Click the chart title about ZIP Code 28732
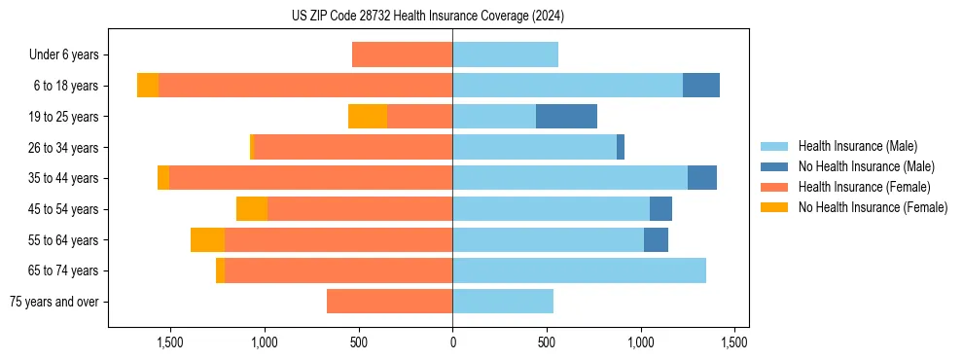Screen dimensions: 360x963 coord(428,16)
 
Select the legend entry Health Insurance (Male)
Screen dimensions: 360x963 coord(857,146)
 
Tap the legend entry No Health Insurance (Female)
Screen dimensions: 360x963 coord(873,207)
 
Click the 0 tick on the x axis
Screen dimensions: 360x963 coord(452,342)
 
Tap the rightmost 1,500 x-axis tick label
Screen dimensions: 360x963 coord(734,342)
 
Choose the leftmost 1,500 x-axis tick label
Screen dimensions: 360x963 coord(170,342)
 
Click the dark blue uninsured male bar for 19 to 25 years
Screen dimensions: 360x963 coord(566,117)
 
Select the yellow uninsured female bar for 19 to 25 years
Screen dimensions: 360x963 coord(368,117)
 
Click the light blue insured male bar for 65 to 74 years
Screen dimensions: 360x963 coord(579,270)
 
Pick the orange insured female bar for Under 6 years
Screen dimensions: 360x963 coord(402,54)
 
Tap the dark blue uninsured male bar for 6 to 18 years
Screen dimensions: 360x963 coord(701,86)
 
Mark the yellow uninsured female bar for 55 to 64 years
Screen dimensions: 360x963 coord(207,240)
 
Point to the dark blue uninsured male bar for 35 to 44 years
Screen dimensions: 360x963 coord(702,178)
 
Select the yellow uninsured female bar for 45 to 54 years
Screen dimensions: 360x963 coord(252,209)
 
